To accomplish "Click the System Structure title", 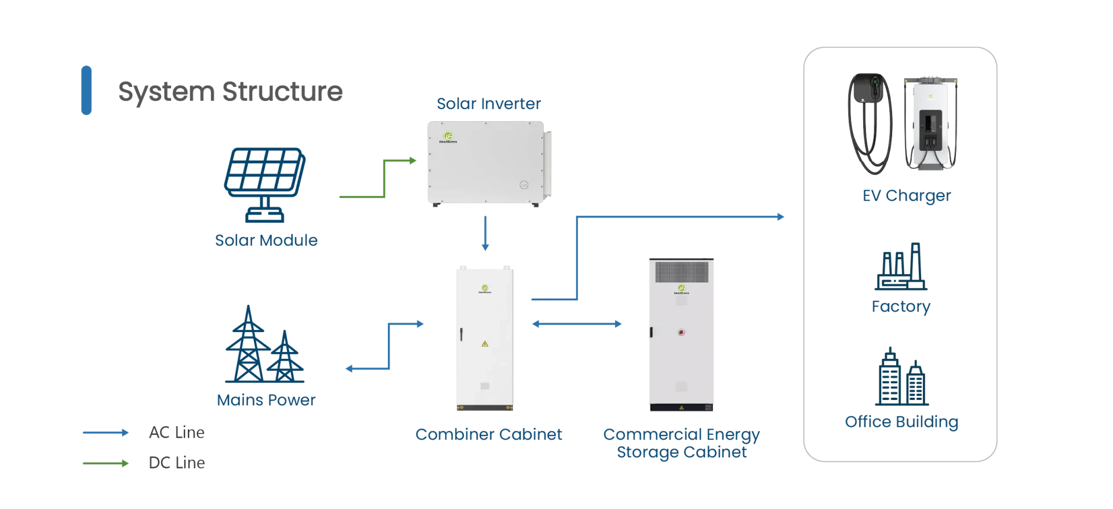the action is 230,92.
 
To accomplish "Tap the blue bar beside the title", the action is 86,90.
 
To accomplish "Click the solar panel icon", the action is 265,185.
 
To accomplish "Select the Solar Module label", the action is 266,240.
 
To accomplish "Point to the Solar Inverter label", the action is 489,103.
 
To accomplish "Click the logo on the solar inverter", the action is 448,137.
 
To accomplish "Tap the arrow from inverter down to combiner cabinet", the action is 485,233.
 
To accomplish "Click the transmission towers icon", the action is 264,344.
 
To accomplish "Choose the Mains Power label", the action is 266,400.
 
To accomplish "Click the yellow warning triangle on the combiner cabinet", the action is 485,344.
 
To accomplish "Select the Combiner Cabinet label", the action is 489,434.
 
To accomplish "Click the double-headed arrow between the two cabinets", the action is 577,324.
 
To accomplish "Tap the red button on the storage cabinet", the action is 682,332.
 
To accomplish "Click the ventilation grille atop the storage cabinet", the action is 682,272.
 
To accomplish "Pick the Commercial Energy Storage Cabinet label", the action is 682,443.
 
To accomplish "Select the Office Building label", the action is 901,422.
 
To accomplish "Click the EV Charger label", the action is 907,196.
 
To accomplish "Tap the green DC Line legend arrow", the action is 106,463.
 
